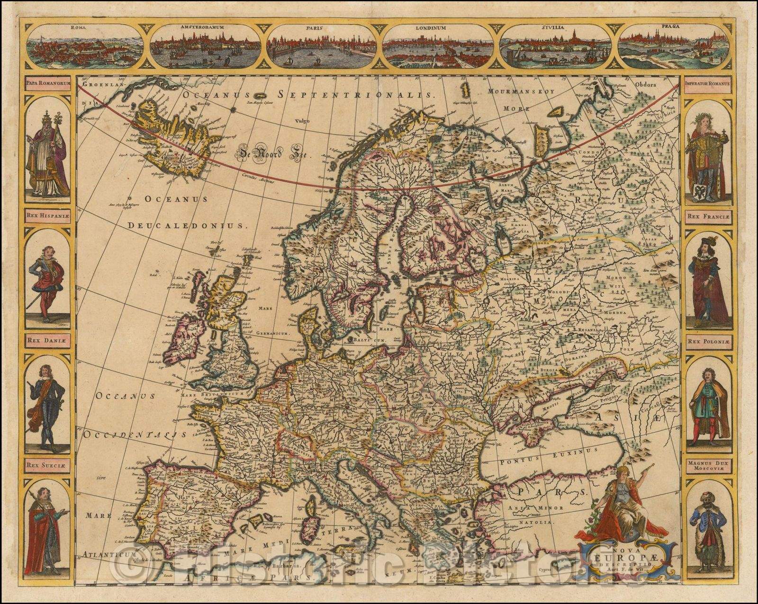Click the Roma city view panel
(x=85, y=46)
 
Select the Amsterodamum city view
(x=203, y=46)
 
